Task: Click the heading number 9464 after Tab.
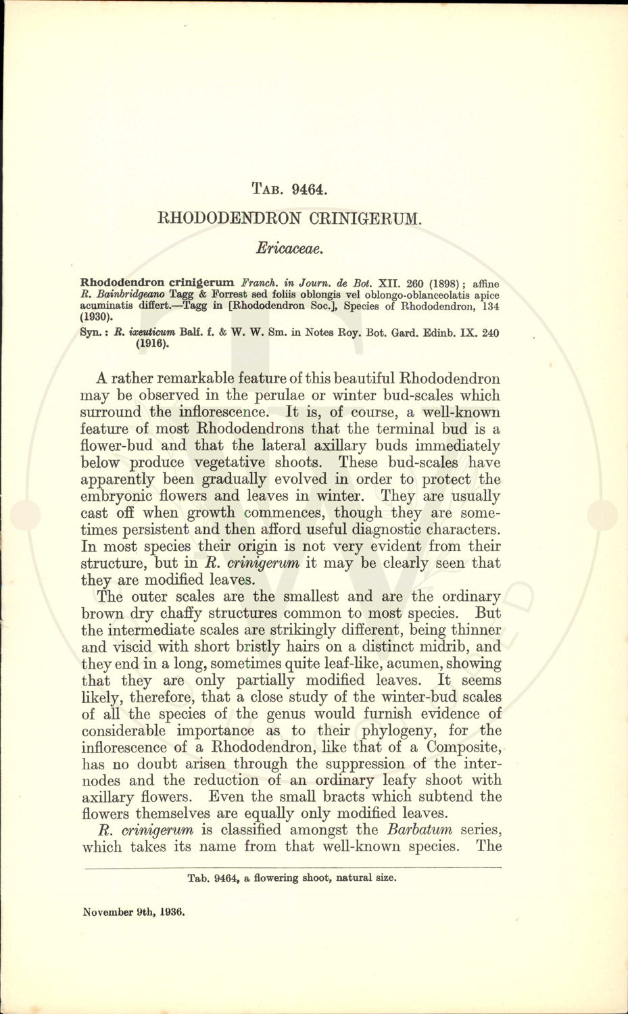tap(310, 189)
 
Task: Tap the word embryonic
tap(113, 496)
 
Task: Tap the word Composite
tap(462, 748)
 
